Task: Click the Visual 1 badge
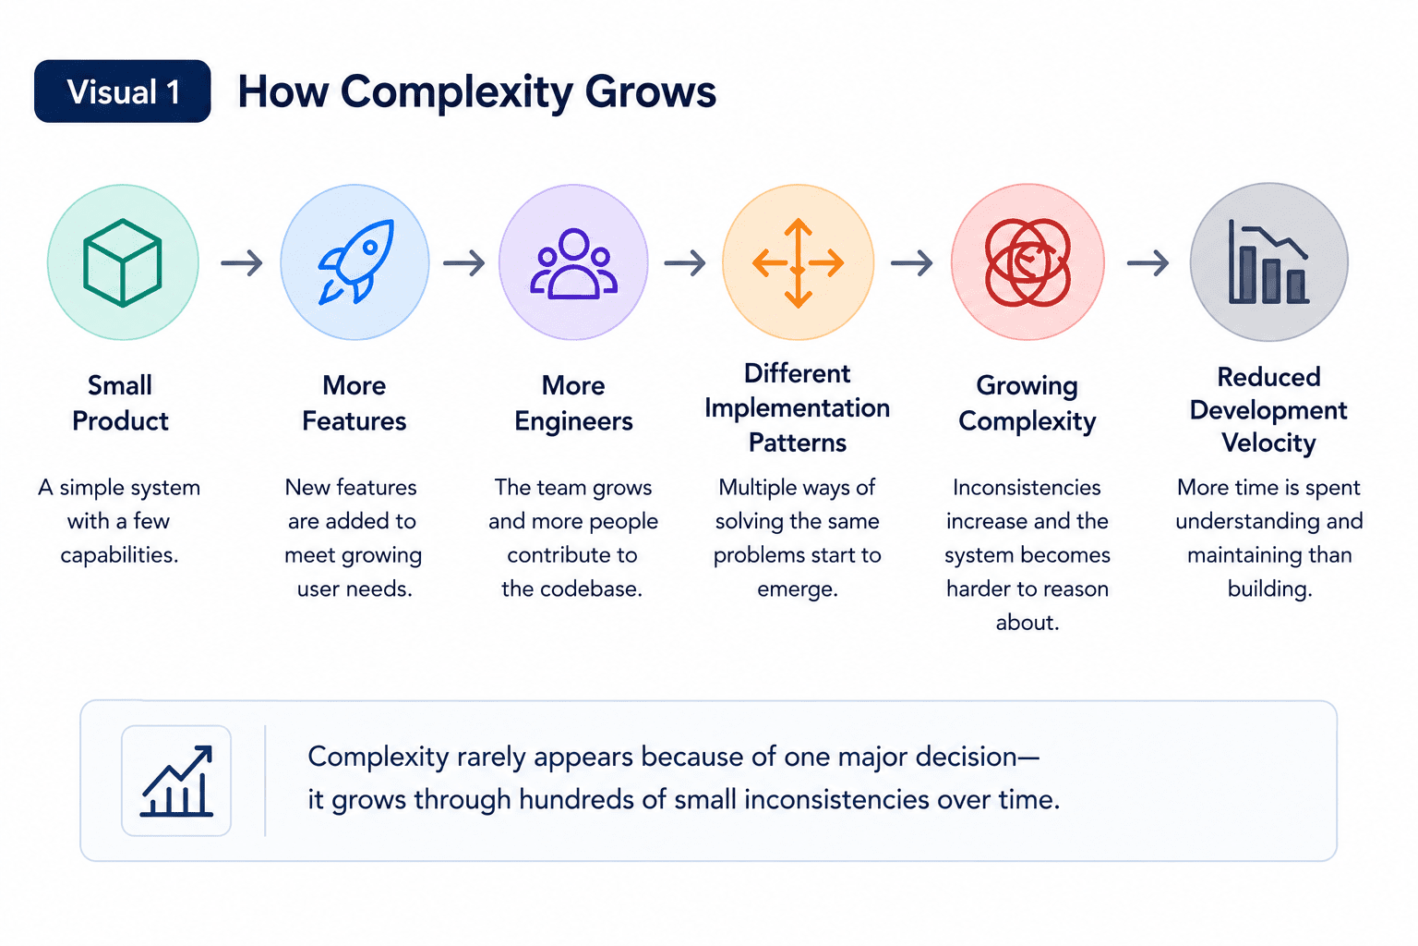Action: [122, 91]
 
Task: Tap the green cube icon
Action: [122, 263]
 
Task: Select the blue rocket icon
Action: [355, 262]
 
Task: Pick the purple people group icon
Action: [573, 263]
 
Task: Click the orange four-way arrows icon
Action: [798, 263]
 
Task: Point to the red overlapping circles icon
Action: [1027, 262]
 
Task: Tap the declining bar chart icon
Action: [1268, 261]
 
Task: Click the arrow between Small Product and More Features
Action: [242, 262]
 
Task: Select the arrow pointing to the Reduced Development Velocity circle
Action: [1148, 262]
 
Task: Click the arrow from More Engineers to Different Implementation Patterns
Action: [685, 262]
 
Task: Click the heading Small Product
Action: [120, 403]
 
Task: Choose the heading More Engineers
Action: [573, 403]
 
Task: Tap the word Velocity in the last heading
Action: [1268, 443]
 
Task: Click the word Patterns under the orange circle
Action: [798, 443]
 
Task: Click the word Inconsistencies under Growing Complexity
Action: [1027, 487]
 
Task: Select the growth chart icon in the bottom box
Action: [176, 782]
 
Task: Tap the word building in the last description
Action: [1270, 589]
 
